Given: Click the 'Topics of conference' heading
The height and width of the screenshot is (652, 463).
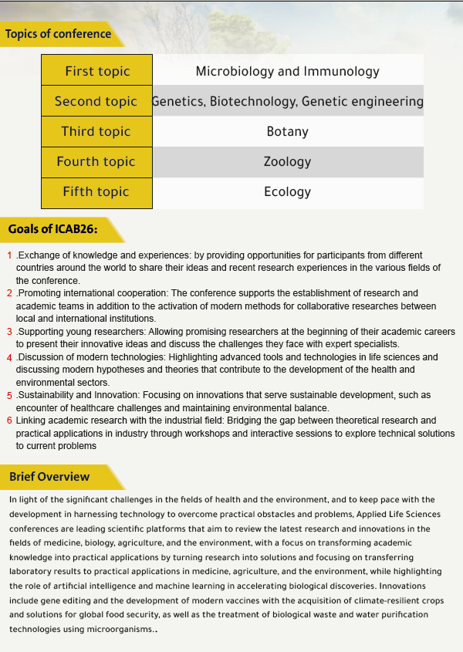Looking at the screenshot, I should coord(58,34).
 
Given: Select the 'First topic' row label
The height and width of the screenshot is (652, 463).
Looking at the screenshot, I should coord(97,71).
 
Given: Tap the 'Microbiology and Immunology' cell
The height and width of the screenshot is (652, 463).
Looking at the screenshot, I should coord(287,71).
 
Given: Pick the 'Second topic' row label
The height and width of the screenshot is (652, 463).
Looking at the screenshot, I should coord(96,101).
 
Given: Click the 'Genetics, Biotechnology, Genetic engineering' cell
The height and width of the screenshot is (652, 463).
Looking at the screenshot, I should coord(287,101).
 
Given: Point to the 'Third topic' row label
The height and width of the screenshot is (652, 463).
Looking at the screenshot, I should coord(96,131).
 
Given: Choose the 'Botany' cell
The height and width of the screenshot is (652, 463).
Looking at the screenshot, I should coord(287,131).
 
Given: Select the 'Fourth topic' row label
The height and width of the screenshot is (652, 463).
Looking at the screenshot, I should coord(96,161).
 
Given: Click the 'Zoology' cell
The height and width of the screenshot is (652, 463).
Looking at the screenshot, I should coord(287,161).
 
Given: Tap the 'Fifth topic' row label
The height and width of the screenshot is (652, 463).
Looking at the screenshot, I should coord(96,191).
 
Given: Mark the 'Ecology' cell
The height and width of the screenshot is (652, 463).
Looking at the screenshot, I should coord(287,191).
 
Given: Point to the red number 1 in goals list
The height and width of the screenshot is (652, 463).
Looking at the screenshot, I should coord(9,255).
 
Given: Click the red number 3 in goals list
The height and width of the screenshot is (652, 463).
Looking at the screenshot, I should coord(9,332).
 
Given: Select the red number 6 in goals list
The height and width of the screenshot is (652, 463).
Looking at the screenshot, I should coord(9,421).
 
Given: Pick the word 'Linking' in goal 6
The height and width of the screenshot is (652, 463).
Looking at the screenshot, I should coord(31,421).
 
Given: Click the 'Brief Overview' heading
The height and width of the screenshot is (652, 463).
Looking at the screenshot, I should coord(49,477).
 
